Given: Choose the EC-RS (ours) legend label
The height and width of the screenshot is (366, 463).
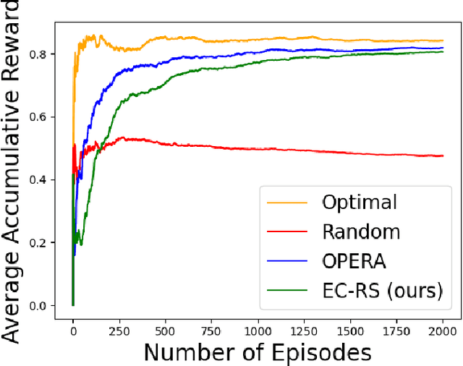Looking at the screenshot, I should pos(381,291).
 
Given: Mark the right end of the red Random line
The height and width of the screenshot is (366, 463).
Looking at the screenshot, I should pos(443,156).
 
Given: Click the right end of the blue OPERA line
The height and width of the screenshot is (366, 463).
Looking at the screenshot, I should pos(443,48).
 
